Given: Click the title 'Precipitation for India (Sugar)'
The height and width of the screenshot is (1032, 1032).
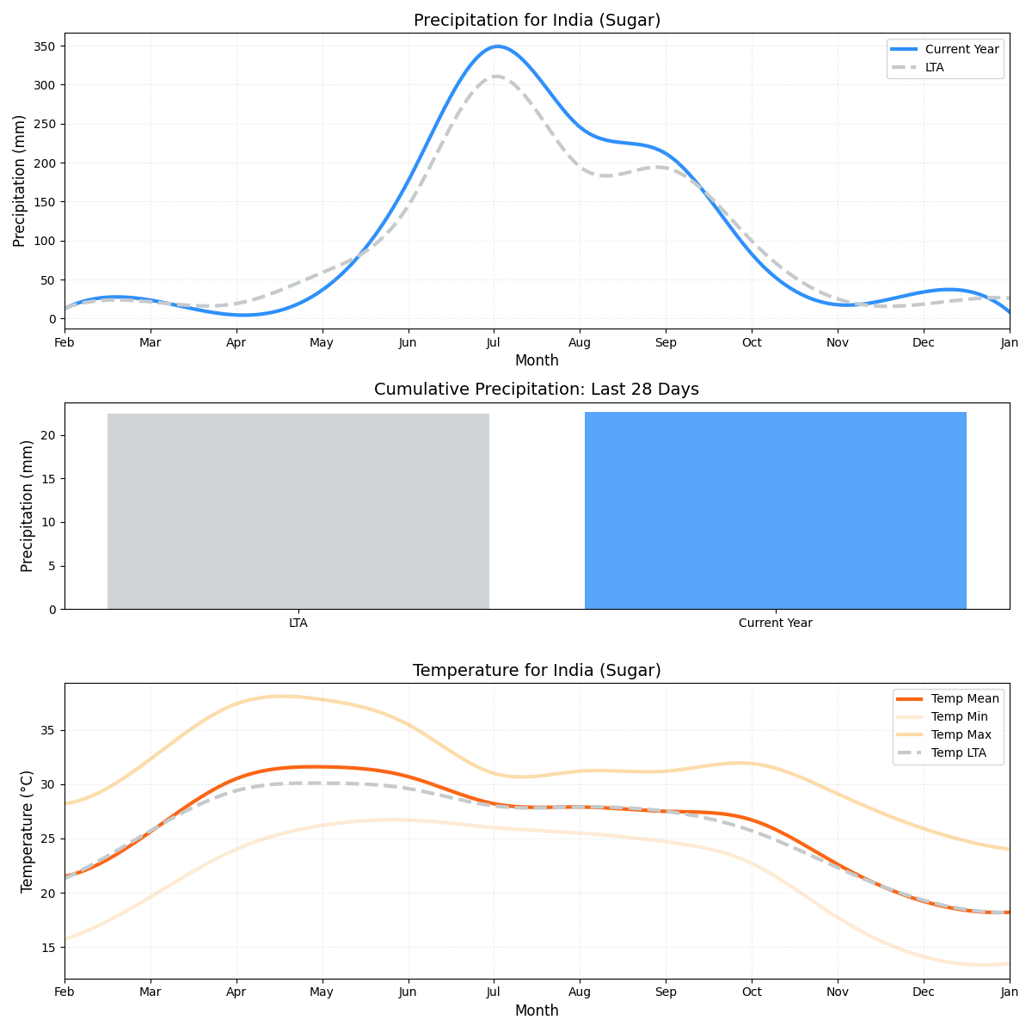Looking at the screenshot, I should [537, 21].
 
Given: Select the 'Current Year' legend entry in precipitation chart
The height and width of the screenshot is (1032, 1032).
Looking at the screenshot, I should [961, 49].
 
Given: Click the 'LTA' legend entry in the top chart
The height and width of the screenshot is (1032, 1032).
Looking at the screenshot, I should [934, 67].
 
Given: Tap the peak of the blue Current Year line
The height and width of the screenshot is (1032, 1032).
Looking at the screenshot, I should [497, 46].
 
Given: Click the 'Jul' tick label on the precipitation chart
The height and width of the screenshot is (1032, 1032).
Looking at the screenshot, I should [494, 342].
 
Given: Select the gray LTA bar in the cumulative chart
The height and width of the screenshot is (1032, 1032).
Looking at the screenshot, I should [298, 511].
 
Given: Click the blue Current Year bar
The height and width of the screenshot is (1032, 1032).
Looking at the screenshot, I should [775, 511].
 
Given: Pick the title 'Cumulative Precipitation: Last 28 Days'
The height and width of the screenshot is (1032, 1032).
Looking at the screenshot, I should [537, 390].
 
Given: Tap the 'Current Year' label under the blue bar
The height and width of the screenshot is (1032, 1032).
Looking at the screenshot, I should [775, 623].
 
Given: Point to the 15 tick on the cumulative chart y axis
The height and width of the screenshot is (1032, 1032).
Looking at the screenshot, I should [48, 479].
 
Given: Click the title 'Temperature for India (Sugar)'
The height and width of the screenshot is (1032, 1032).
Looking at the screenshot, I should [537, 671].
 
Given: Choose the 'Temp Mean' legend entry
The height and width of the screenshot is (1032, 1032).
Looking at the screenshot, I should [965, 698].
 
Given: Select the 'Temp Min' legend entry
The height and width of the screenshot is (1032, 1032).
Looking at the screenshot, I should [959, 716].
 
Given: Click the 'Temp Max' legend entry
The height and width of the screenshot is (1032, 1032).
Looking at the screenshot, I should [961, 734].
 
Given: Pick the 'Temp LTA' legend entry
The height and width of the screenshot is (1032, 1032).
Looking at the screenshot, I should [958, 752].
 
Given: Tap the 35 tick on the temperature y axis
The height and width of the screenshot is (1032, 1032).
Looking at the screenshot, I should [48, 730].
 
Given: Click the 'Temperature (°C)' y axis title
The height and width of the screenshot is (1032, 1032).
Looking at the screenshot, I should [28, 831].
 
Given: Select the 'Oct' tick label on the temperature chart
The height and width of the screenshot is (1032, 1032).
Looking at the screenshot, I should [752, 992].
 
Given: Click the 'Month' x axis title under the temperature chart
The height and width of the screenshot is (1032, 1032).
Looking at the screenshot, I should [537, 1010].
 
